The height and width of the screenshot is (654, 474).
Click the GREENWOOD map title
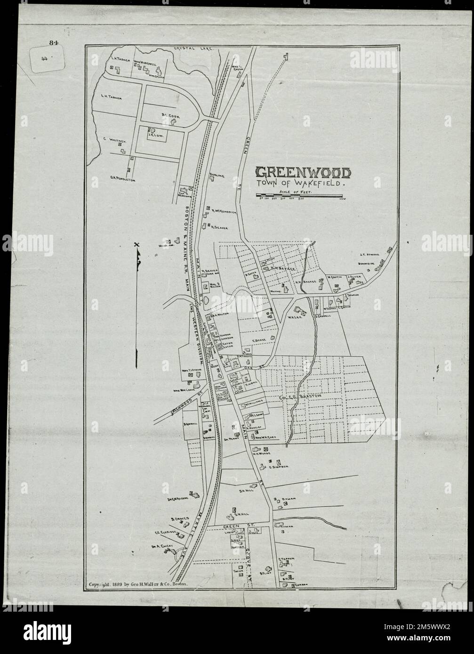coord(303,173)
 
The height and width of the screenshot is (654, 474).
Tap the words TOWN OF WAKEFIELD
coord(301,185)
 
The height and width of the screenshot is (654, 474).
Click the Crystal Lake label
coord(194,48)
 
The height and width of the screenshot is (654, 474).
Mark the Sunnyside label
coord(364,264)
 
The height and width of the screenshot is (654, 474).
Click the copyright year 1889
coord(118,584)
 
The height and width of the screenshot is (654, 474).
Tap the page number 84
coord(52,43)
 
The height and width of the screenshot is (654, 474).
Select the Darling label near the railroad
coord(216,175)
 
